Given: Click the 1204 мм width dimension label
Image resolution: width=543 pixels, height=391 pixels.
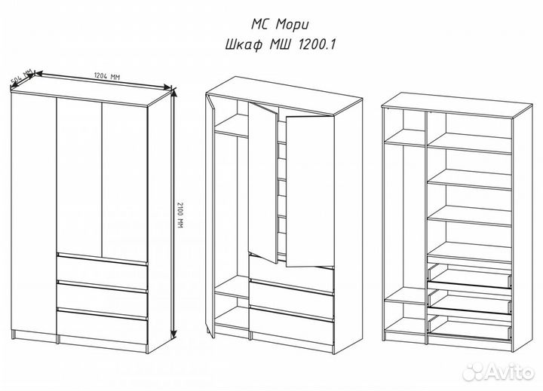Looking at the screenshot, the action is pos(106,76).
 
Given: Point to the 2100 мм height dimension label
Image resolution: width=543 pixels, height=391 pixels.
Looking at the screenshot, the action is pos(179,215).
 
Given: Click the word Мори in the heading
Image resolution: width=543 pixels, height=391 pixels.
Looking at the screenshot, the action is pos(293,26).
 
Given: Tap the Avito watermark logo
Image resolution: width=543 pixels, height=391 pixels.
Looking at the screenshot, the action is pos(498,371).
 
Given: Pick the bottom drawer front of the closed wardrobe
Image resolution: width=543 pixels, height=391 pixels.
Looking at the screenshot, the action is pos(102,326).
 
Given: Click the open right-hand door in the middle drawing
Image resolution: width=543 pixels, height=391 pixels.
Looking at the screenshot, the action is pos(310,191).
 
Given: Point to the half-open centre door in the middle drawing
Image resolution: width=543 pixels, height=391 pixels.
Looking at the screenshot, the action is pos(263,182).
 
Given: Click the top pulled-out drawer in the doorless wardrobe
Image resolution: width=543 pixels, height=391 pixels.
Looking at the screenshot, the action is pos(470,276).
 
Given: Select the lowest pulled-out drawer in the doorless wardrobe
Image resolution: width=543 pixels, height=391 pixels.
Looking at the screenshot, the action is pos(470,328).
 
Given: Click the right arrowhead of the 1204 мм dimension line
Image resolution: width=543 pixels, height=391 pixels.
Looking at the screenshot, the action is pos(167,87).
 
